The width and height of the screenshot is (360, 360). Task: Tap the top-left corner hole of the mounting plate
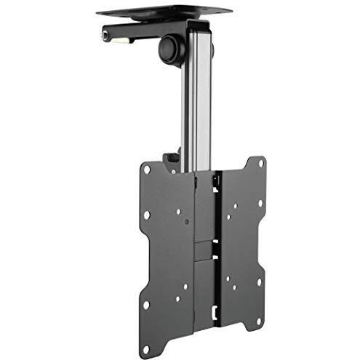(147, 170)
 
